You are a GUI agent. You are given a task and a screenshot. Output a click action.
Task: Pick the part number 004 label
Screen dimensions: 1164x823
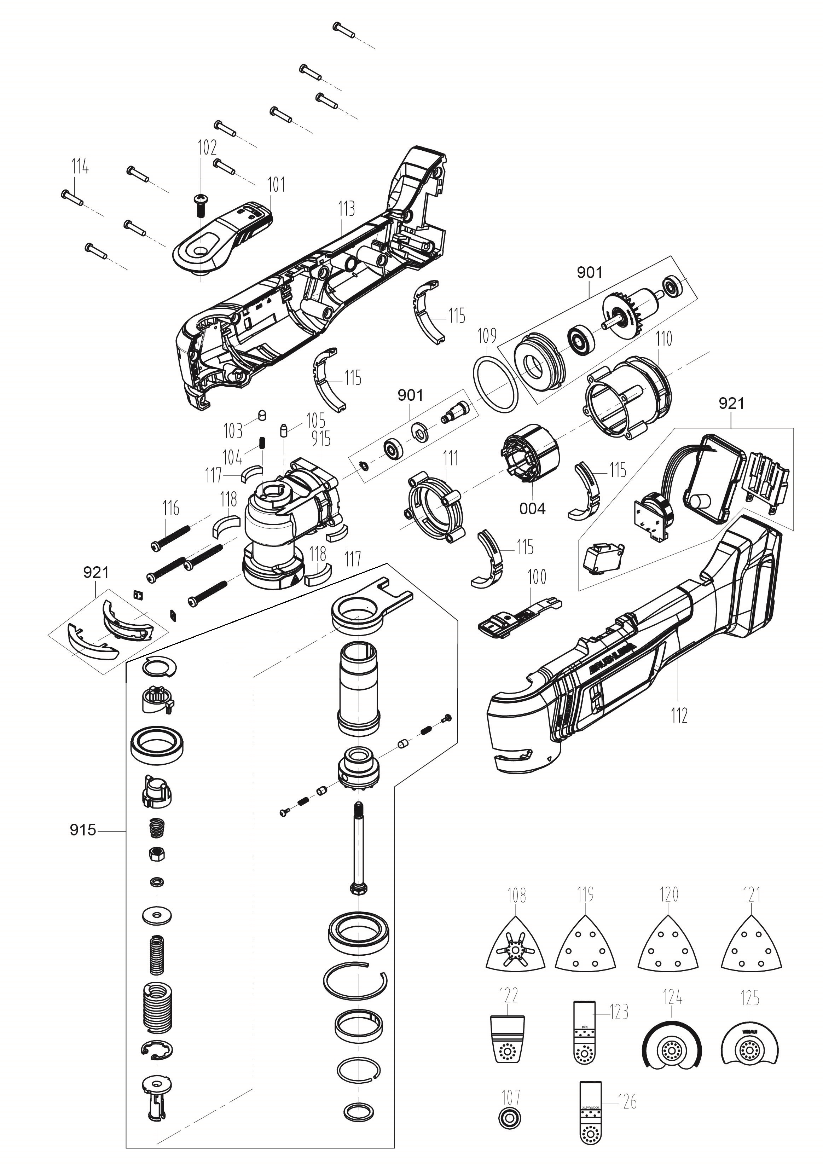[x=532, y=509]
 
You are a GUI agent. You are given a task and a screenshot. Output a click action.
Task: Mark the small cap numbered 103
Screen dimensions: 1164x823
[x=262, y=414]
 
